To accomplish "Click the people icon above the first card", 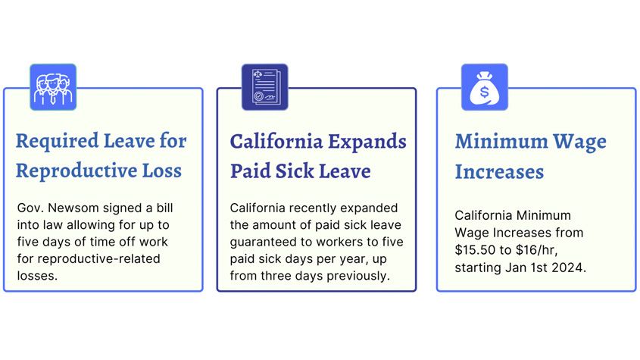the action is [53, 87].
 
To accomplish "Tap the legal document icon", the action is [265, 87].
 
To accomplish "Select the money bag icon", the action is [485, 87].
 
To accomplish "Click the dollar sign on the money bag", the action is [484, 92].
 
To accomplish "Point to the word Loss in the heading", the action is [161, 171].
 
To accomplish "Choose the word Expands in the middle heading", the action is [367, 142].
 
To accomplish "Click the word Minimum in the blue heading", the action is [501, 142].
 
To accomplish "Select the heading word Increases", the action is [499, 171].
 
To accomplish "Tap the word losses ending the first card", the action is [37, 276].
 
